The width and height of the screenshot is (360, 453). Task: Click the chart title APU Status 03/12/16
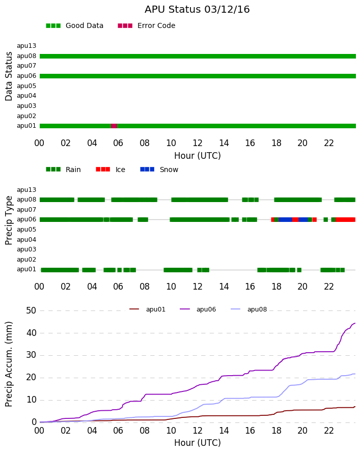click(197, 10)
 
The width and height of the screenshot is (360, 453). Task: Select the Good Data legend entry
click(74, 26)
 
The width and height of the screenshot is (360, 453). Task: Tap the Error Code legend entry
click(147, 26)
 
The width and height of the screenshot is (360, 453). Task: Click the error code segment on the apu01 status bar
click(114, 126)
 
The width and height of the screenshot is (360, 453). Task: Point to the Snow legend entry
click(159, 169)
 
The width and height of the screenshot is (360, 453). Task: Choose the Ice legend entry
click(110, 169)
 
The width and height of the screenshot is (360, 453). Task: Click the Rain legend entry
click(63, 169)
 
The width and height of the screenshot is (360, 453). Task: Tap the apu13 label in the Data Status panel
click(26, 46)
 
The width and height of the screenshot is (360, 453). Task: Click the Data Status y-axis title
click(9, 76)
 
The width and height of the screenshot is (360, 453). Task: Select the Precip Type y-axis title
click(9, 220)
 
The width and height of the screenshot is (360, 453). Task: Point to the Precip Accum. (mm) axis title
click(9, 364)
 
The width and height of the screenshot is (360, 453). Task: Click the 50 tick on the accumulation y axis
click(31, 310)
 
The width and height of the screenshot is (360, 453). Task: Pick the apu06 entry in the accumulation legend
click(198, 309)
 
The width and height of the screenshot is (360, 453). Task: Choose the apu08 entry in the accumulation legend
click(249, 309)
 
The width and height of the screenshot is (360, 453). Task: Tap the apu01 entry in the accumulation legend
click(147, 309)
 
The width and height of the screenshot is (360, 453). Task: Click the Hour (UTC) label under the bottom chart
click(198, 443)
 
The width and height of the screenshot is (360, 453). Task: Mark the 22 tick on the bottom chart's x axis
click(329, 431)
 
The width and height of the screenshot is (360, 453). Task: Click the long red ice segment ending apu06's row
click(346, 220)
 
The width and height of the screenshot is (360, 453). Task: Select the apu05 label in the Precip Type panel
click(26, 230)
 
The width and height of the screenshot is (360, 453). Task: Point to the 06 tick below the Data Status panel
click(118, 143)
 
